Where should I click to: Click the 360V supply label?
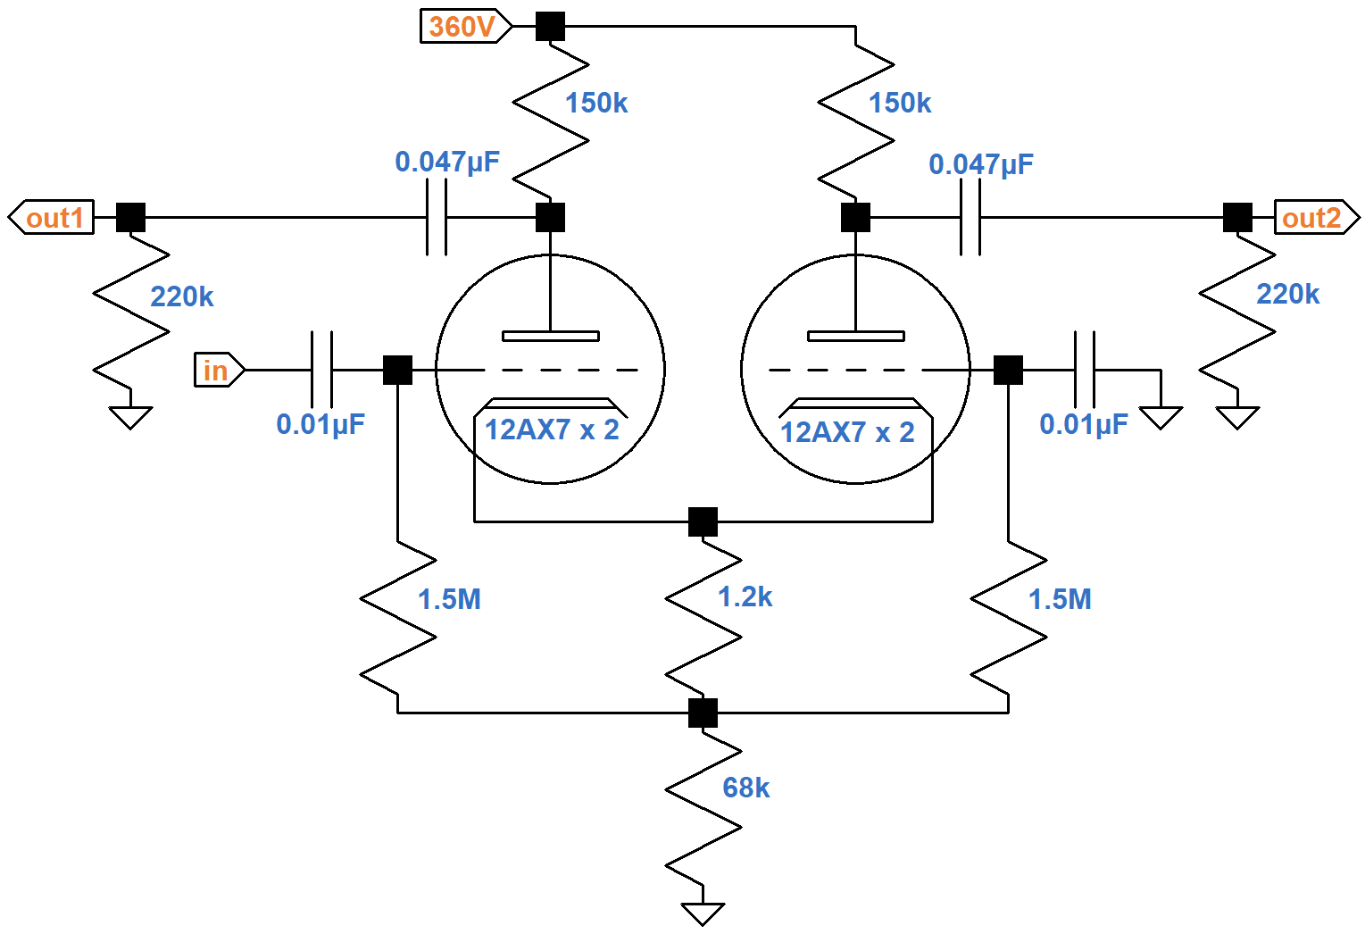[x=462, y=26]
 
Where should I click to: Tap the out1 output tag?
[x=54, y=218]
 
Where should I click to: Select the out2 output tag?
[x=1313, y=218]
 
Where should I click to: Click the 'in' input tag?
[x=217, y=370]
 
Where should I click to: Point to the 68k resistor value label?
[x=745, y=788]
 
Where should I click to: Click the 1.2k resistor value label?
[x=745, y=596]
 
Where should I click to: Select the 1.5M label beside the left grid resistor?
[x=449, y=599]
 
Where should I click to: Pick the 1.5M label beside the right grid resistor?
[x=1060, y=599]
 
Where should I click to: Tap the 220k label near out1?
[x=181, y=296]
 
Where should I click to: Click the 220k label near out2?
[x=1286, y=294]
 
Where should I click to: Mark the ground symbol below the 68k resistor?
[x=703, y=913]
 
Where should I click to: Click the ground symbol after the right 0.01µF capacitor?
[x=1161, y=416]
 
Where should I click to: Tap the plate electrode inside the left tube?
[x=551, y=336]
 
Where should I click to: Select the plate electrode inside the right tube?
[x=855, y=336]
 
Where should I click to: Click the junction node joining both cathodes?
[x=703, y=521]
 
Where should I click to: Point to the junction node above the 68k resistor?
[x=703, y=713]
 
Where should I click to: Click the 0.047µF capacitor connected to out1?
[x=437, y=217]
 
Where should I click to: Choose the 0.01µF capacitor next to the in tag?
[x=321, y=370]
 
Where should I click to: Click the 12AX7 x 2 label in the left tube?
[x=551, y=430]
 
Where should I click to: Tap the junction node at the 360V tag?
[x=550, y=26]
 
